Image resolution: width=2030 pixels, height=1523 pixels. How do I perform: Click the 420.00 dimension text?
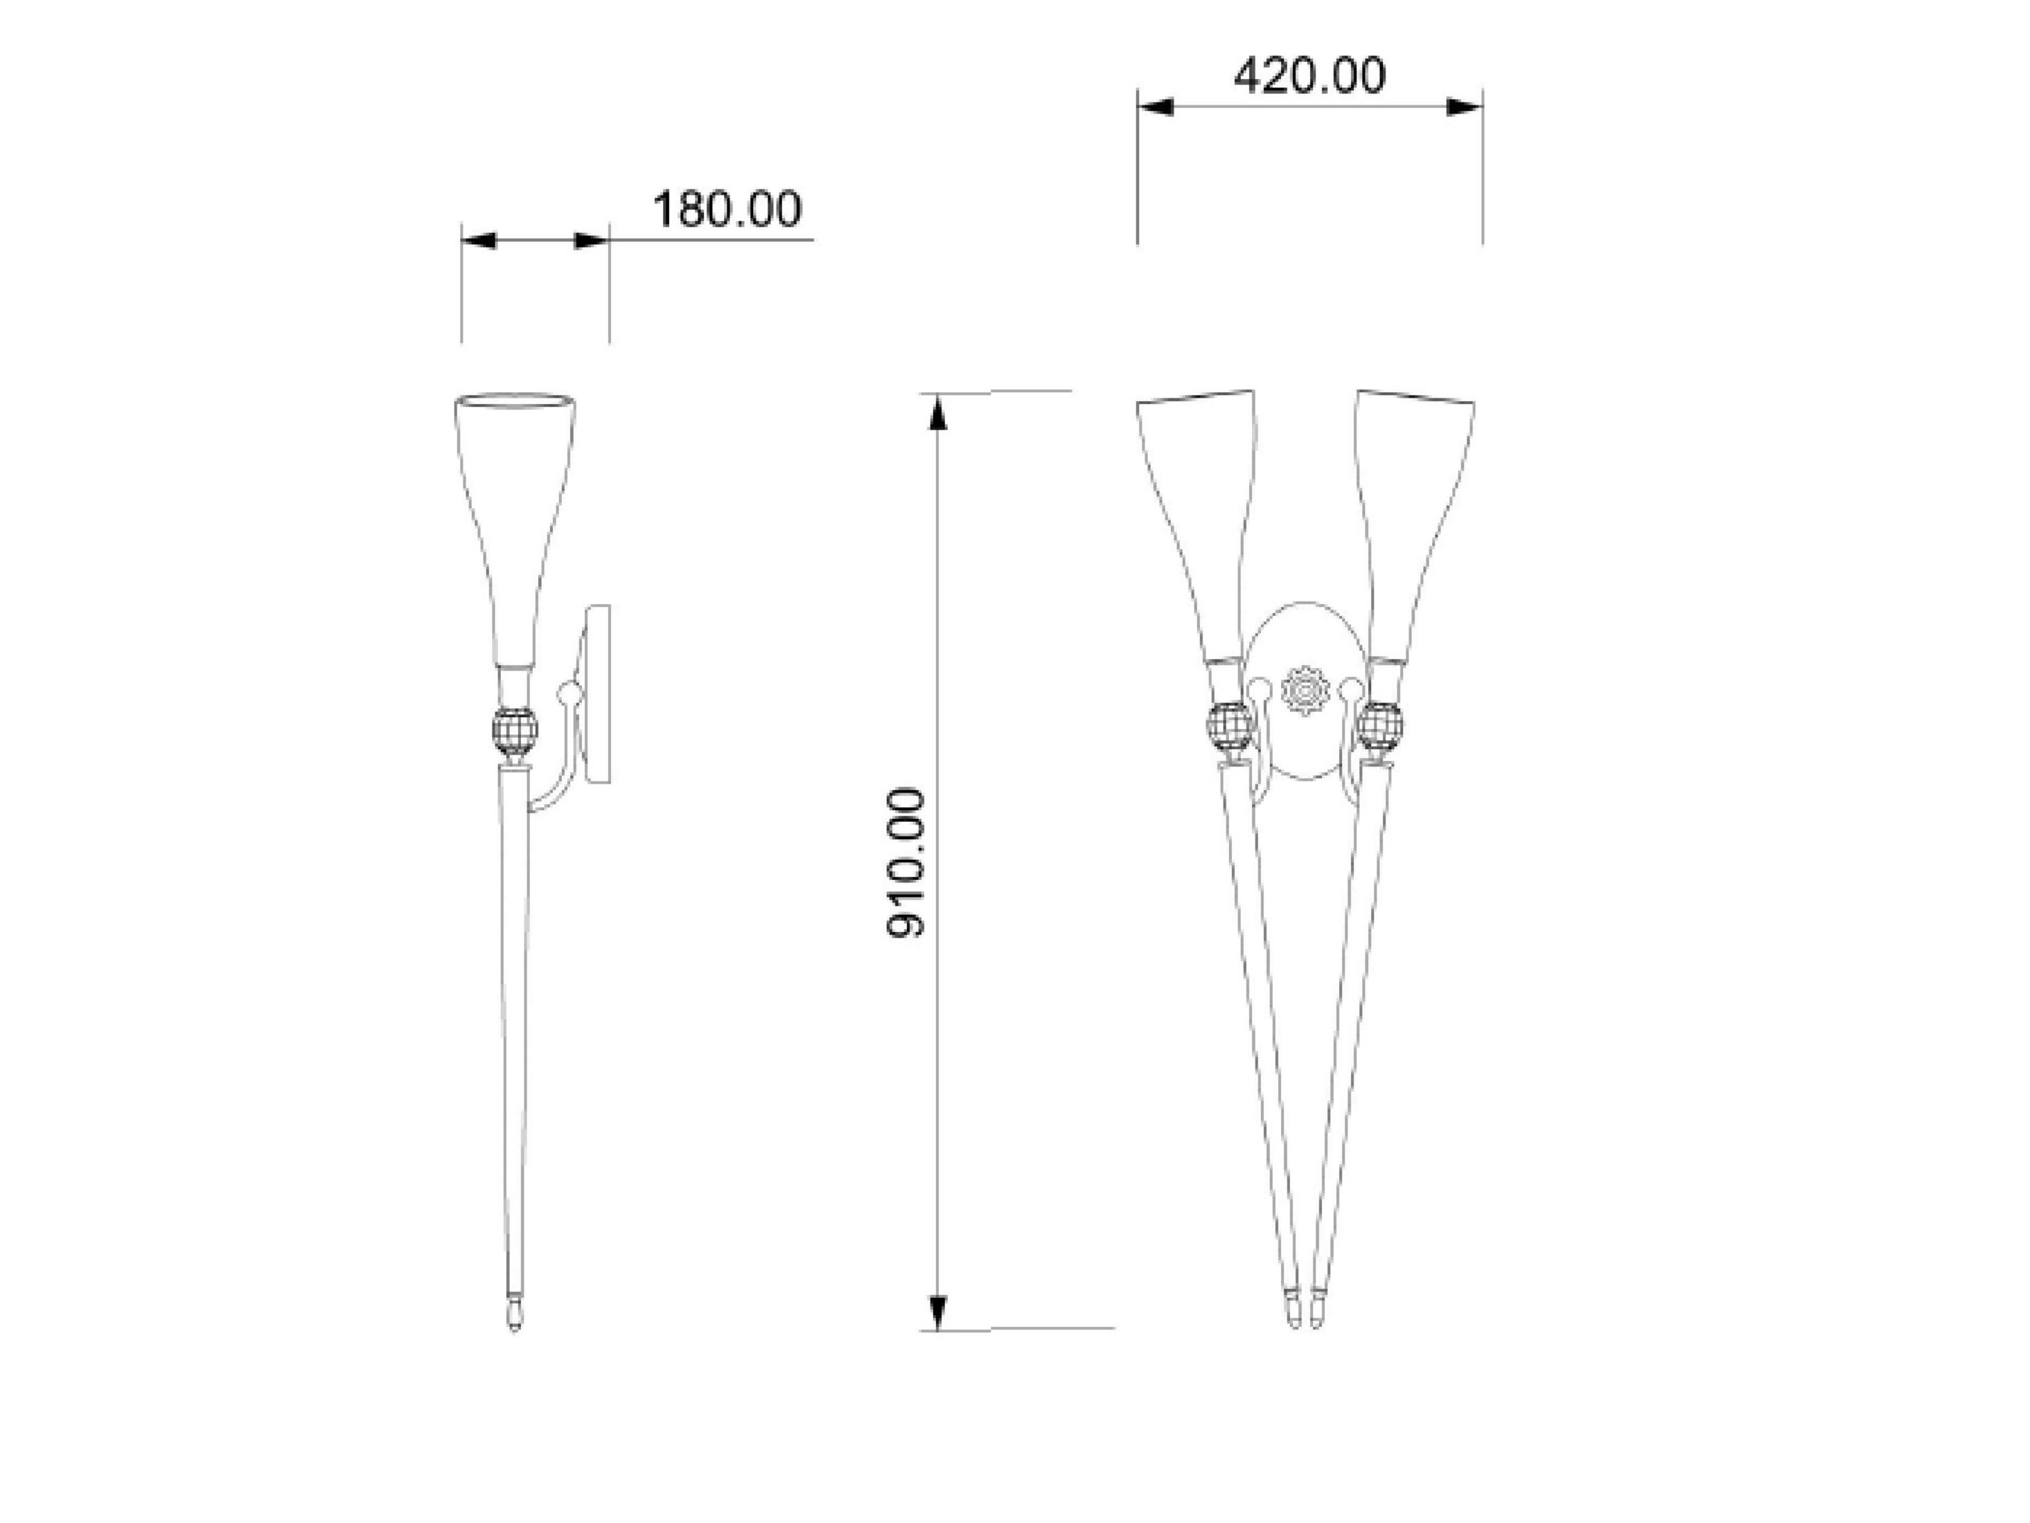[1309, 76]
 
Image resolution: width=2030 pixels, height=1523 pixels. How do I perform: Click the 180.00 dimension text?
[726, 209]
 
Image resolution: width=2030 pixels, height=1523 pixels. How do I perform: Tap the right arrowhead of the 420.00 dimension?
[1464, 107]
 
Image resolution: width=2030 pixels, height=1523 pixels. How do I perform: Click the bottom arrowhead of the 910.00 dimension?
[936, 1310]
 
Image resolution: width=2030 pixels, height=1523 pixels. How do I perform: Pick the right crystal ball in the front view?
[1380, 726]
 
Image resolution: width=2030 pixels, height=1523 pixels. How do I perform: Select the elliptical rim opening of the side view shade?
[515, 401]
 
